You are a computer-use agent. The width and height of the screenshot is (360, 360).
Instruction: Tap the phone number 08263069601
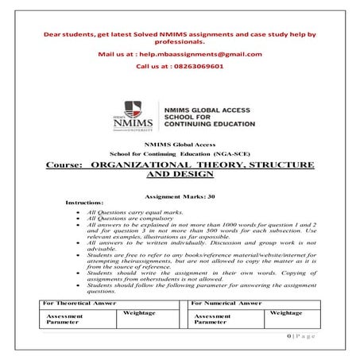pyautogui.click(x=195, y=68)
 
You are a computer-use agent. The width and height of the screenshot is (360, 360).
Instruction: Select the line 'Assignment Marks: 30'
pyautogui.click(x=180, y=195)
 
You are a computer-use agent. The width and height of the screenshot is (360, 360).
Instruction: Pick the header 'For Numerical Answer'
pyautogui.click(x=226, y=304)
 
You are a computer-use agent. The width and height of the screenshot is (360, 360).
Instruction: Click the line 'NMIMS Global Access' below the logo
pyautogui.click(x=180, y=143)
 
